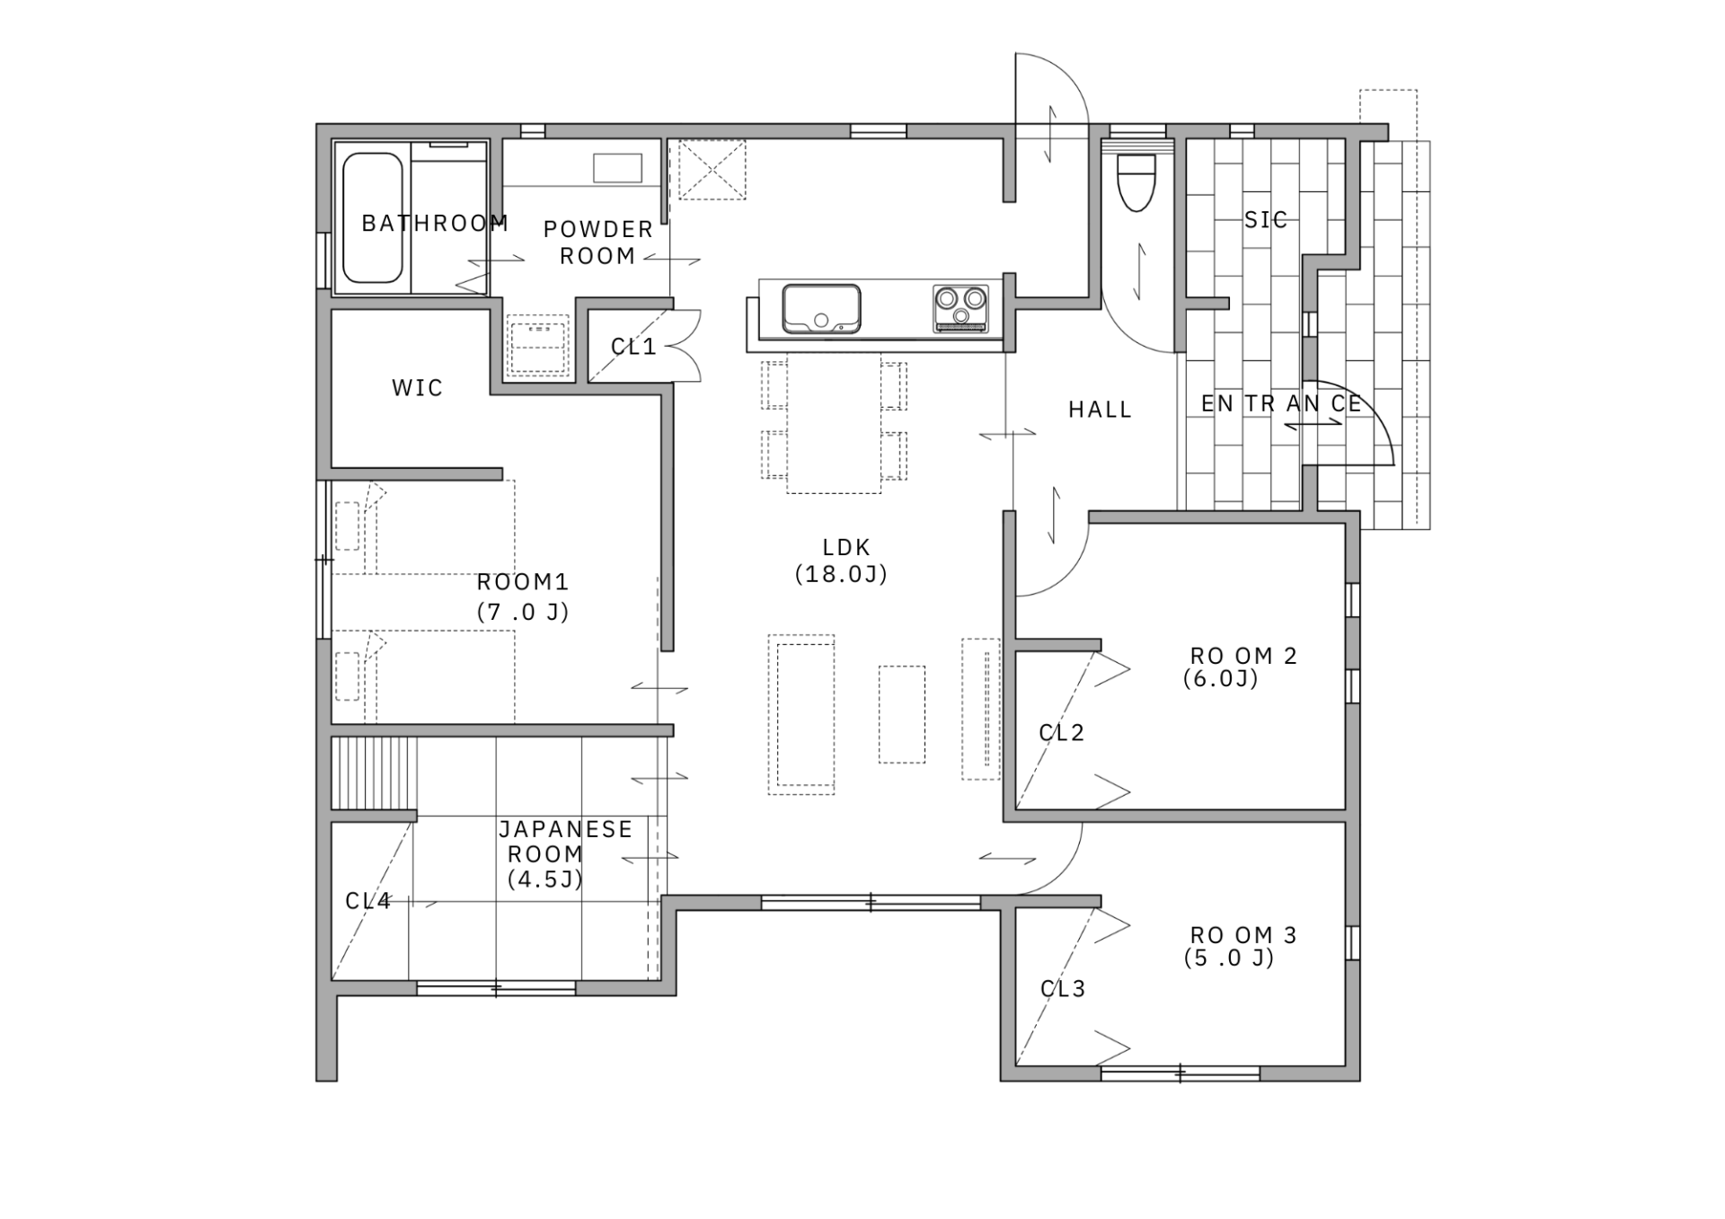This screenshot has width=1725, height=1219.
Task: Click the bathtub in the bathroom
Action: (373, 217)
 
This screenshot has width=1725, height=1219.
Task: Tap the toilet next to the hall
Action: (1137, 182)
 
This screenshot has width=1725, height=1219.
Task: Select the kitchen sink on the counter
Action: (821, 308)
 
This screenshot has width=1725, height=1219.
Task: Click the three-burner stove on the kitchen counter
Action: (960, 308)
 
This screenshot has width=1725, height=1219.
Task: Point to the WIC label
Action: (418, 388)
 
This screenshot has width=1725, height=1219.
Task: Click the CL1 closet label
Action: (633, 347)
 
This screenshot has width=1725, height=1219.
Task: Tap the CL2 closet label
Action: (1062, 733)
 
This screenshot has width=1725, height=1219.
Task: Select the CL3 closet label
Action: (1063, 989)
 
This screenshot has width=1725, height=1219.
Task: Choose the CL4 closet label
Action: (368, 901)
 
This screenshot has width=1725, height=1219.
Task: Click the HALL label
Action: (1100, 410)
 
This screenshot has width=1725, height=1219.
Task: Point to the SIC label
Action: (1266, 219)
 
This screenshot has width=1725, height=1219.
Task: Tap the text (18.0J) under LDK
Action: (842, 574)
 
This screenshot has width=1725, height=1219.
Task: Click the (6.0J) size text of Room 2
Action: (1221, 679)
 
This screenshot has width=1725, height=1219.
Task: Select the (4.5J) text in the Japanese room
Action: (545, 879)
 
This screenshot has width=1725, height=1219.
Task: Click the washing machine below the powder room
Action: (538, 345)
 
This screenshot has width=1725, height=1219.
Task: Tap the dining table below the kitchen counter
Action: (834, 423)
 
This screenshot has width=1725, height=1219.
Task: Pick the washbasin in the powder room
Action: (617, 168)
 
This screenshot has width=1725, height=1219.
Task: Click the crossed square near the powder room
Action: (712, 170)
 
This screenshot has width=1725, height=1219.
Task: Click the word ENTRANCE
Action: (1281, 404)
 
